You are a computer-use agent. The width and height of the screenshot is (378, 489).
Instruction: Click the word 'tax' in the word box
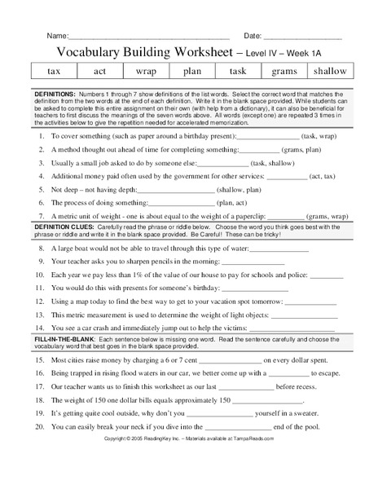point(55,71)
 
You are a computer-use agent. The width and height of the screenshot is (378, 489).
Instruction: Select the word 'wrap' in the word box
point(146,71)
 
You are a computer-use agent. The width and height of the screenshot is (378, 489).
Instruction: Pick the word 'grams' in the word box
point(283,71)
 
